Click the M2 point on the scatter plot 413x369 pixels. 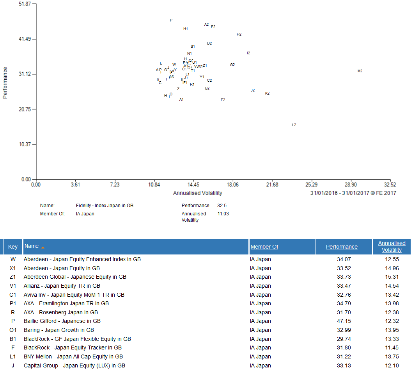360,71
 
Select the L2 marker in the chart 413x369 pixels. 294,125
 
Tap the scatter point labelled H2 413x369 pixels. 239,34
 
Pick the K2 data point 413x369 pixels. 267,93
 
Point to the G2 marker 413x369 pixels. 232,65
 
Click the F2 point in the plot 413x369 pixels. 223,100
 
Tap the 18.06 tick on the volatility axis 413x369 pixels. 232,185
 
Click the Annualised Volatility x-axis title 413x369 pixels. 198,193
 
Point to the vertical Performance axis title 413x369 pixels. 5,83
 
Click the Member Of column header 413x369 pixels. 264,247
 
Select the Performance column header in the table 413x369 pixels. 342,247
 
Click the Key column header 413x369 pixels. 13,247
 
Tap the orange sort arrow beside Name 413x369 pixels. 43,247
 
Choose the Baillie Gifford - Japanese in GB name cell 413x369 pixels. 62,321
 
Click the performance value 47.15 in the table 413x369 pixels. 342,321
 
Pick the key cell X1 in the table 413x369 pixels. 13,268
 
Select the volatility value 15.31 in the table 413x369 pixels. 392,277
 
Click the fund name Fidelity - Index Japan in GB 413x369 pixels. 105,206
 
